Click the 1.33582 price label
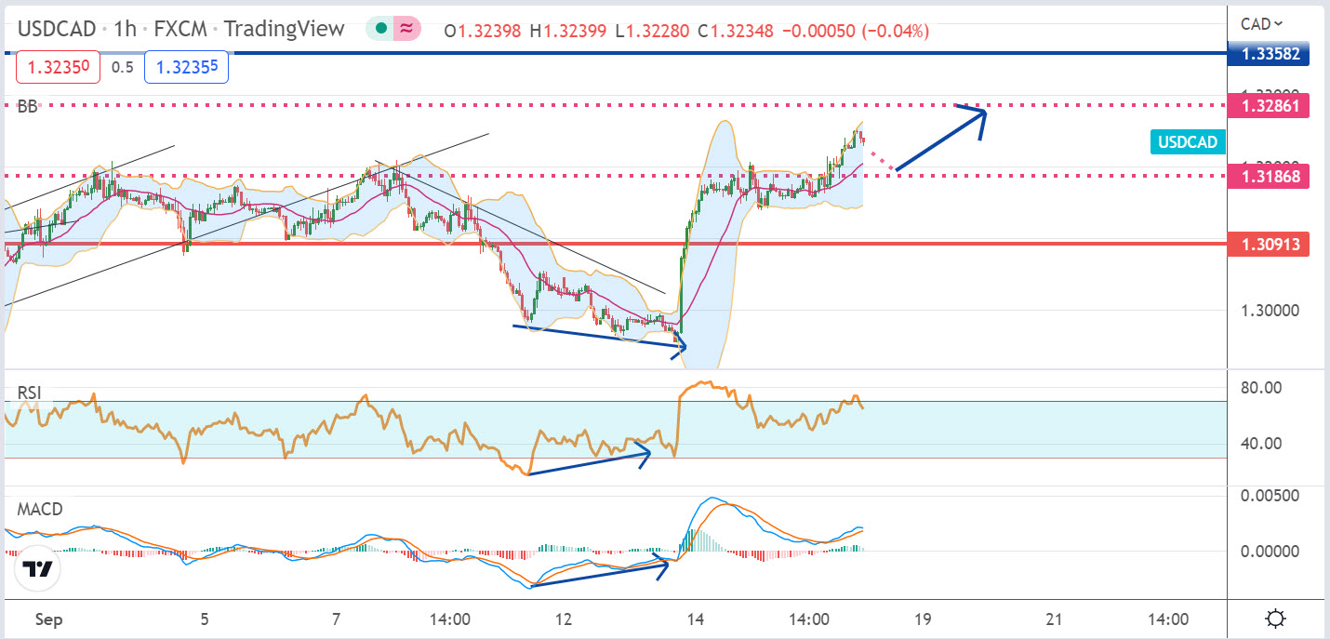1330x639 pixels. point(1270,53)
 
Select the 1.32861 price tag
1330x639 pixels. point(1270,104)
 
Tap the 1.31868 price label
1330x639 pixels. point(1270,175)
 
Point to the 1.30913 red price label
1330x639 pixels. point(1270,245)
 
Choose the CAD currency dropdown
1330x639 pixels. point(1262,23)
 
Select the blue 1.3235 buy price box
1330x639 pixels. point(186,67)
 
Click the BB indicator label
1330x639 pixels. point(28,107)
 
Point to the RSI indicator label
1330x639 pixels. point(30,393)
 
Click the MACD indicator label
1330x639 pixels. point(39,510)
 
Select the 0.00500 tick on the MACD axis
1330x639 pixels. point(1269,496)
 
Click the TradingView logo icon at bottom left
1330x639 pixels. point(37,569)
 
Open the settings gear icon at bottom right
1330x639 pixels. point(1275,619)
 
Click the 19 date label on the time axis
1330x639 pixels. point(923,619)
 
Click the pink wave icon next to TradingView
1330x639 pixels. point(406,29)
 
